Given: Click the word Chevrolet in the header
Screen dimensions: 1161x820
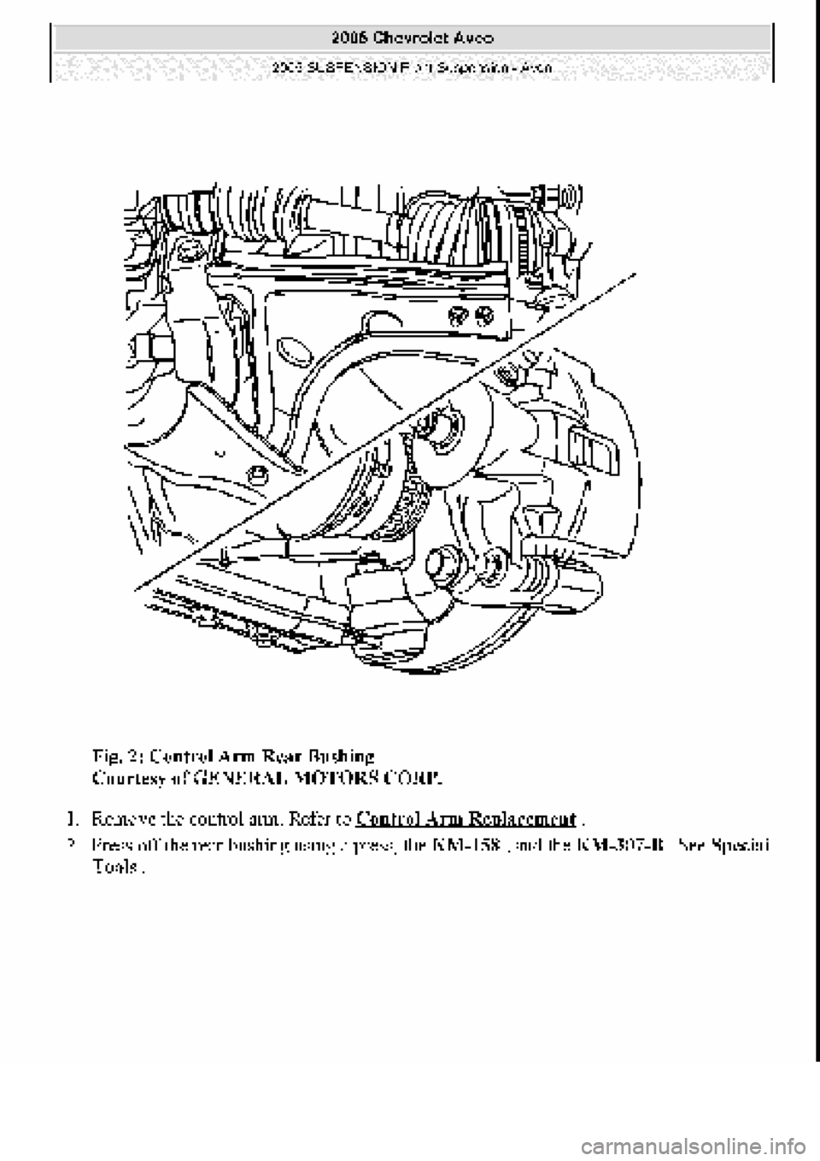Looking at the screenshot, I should click(x=409, y=38).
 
